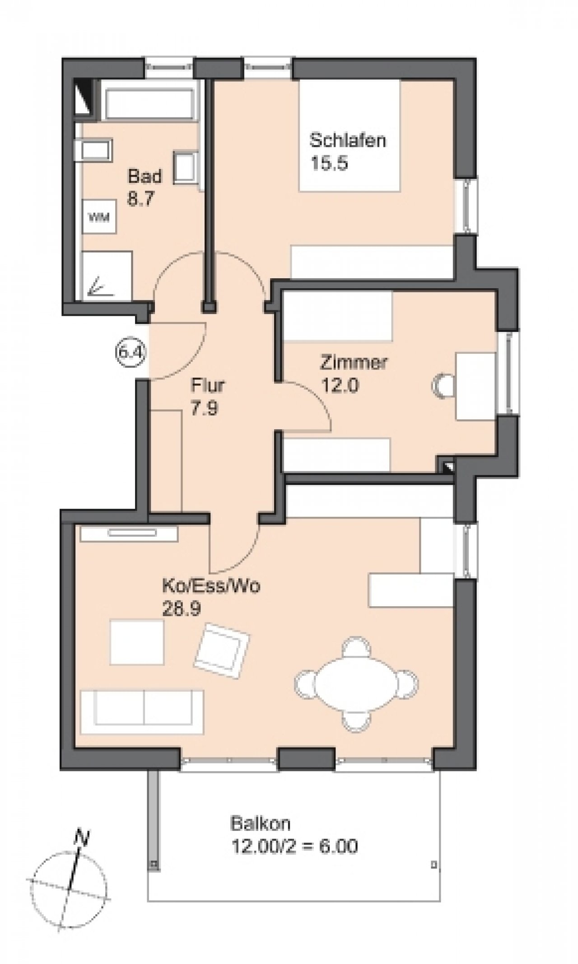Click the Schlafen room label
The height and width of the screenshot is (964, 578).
[x=347, y=140]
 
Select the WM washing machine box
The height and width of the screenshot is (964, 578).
[x=99, y=218]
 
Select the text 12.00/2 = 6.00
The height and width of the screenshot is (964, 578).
[x=294, y=846]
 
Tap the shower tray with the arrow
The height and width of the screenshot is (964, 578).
[x=107, y=275]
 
